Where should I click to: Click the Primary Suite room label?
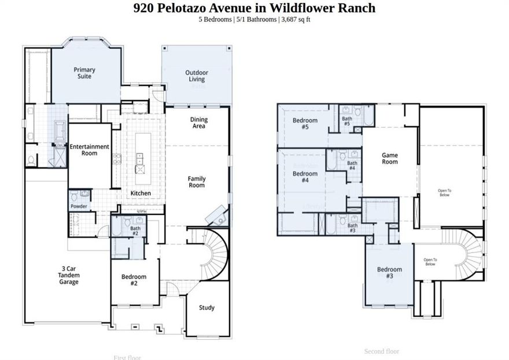point(84,73)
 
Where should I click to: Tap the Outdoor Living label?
point(197,76)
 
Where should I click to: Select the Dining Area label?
point(198,123)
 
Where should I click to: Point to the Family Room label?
point(197,182)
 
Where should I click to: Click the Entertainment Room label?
point(90,150)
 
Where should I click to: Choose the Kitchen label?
point(141,193)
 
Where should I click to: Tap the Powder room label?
point(79,206)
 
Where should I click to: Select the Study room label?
point(207,307)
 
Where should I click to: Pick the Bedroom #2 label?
point(134,280)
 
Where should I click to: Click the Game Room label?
point(390,158)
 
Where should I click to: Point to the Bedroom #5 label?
point(305,124)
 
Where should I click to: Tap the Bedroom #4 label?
point(305,177)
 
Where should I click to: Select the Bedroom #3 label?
point(389,273)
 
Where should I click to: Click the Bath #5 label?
point(347,121)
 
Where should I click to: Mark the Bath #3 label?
point(352,228)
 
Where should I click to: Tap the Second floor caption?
point(382,351)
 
